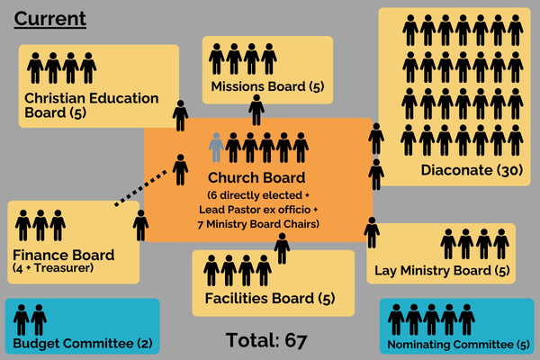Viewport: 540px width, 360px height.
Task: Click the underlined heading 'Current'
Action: click(50, 18)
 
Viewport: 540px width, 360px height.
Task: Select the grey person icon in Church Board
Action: click(216, 147)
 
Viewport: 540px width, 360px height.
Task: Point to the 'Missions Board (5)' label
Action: click(267, 87)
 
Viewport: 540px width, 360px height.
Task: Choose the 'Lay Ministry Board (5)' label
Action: click(443, 271)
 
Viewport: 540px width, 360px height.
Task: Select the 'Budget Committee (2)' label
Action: click(82, 344)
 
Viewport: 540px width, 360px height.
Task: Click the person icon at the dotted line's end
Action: click(180, 170)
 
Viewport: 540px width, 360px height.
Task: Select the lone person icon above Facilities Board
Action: click(282, 247)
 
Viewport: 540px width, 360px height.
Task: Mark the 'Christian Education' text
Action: click(92, 98)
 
